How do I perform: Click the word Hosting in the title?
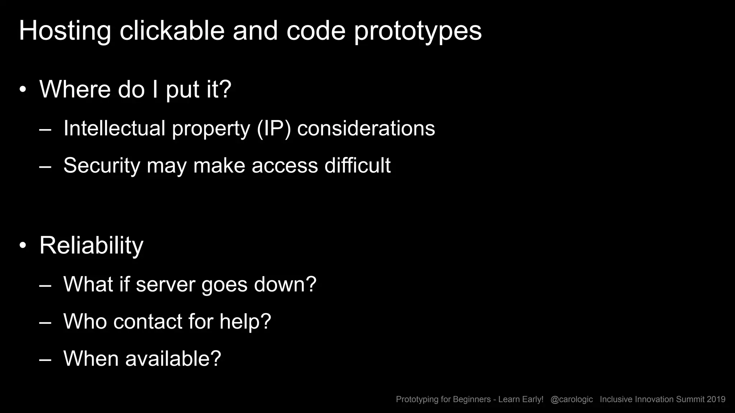tap(65, 31)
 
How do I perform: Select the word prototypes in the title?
tap(418, 32)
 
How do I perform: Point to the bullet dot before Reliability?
tap(23, 246)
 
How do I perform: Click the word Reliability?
tap(91, 246)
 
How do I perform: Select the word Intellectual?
tap(114, 128)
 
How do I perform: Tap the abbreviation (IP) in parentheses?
tap(273, 128)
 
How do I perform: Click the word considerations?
tap(366, 128)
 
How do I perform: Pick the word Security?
tap(102, 166)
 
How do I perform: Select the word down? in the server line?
tap(285, 284)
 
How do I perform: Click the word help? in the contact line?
tap(245, 321)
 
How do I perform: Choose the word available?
tap(173, 358)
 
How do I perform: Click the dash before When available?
tap(45, 359)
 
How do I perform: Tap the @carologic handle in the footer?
tap(571, 399)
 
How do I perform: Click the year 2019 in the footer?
tap(716, 399)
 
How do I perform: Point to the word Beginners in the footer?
tap(472, 399)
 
